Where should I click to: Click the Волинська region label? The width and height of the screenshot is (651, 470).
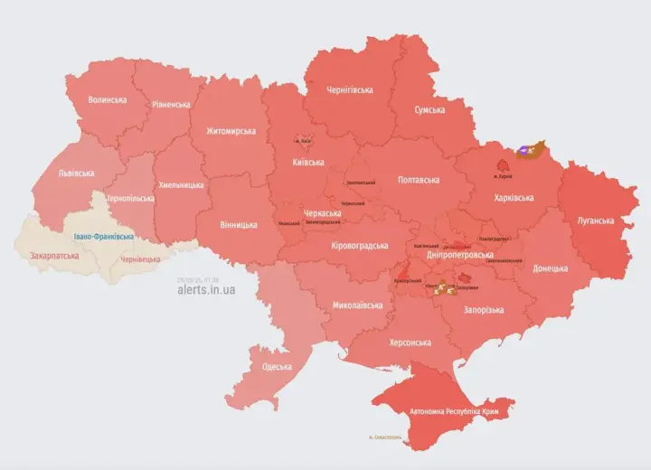click(108, 99)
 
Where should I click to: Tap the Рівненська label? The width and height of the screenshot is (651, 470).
click(171, 104)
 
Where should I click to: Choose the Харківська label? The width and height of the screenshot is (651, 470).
click(514, 198)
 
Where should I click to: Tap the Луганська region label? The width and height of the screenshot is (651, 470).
click(596, 221)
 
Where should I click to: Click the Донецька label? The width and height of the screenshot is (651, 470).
click(550, 268)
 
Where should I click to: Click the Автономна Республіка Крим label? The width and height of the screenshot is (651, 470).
click(454, 410)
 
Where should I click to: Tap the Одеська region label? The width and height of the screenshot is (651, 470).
click(277, 366)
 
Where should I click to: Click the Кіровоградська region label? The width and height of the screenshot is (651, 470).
click(359, 245)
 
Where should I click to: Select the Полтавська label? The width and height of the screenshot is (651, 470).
click(417, 180)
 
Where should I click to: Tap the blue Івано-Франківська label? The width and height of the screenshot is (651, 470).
click(104, 237)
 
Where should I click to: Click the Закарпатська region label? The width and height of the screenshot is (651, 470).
click(53, 256)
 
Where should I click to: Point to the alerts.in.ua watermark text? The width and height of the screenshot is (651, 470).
click(206, 289)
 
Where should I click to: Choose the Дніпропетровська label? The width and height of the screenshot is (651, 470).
click(459, 256)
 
